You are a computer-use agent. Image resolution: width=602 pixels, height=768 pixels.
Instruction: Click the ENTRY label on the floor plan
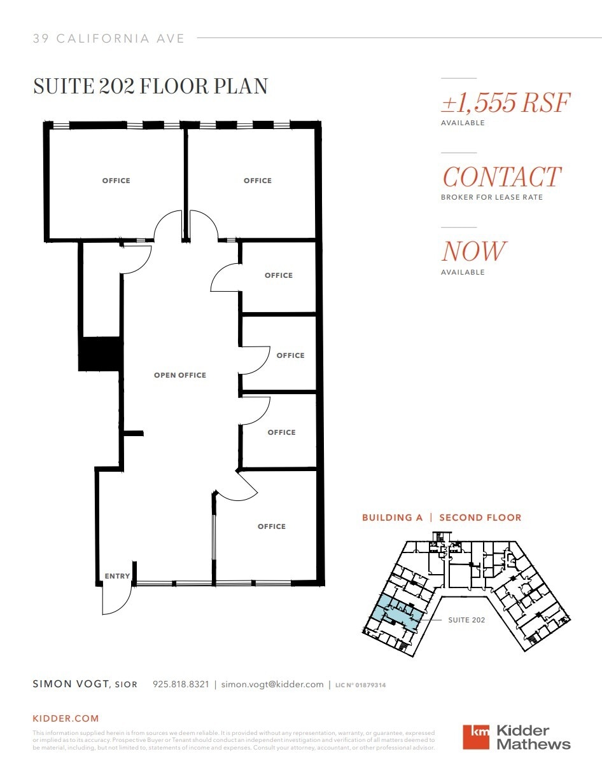[x=117, y=576]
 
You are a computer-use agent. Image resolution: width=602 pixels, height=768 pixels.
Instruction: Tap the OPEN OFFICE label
[x=180, y=375]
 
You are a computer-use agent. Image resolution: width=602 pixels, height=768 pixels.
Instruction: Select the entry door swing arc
[x=116, y=601]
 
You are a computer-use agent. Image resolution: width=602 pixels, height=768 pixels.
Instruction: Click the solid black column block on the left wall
[x=100, y=354]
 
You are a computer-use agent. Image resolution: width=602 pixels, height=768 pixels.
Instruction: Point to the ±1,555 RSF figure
[x=505, y=102]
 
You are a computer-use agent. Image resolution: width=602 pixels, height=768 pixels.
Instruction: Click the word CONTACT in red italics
[x=501, y=177]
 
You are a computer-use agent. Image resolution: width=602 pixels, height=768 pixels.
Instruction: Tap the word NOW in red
[x=474, y=252]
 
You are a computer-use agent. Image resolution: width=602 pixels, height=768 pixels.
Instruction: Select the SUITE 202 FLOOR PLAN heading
[x=150, y=86]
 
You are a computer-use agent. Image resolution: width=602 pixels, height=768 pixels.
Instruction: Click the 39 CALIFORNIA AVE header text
[x=109, y=39]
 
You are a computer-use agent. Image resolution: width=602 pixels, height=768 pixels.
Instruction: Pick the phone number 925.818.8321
[x=181, y=685]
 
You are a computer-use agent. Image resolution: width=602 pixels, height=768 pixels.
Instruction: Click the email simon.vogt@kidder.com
[x=272, y=685]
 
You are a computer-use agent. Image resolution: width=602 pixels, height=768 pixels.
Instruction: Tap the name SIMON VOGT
[x=71, y=685]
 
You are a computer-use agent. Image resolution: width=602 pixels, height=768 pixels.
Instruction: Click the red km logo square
[x=476, y=737]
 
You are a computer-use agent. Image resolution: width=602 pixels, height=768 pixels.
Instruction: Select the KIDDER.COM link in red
[x=66, y=718]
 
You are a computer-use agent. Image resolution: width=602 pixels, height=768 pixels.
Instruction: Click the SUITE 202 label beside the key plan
[x=466, y=620]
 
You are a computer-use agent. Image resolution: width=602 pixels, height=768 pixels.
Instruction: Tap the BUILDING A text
[x=392, y=518]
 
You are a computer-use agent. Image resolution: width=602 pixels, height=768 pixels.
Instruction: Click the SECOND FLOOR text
[x=480, y=518]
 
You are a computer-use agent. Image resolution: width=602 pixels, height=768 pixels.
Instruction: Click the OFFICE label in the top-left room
[x=116, y=181]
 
